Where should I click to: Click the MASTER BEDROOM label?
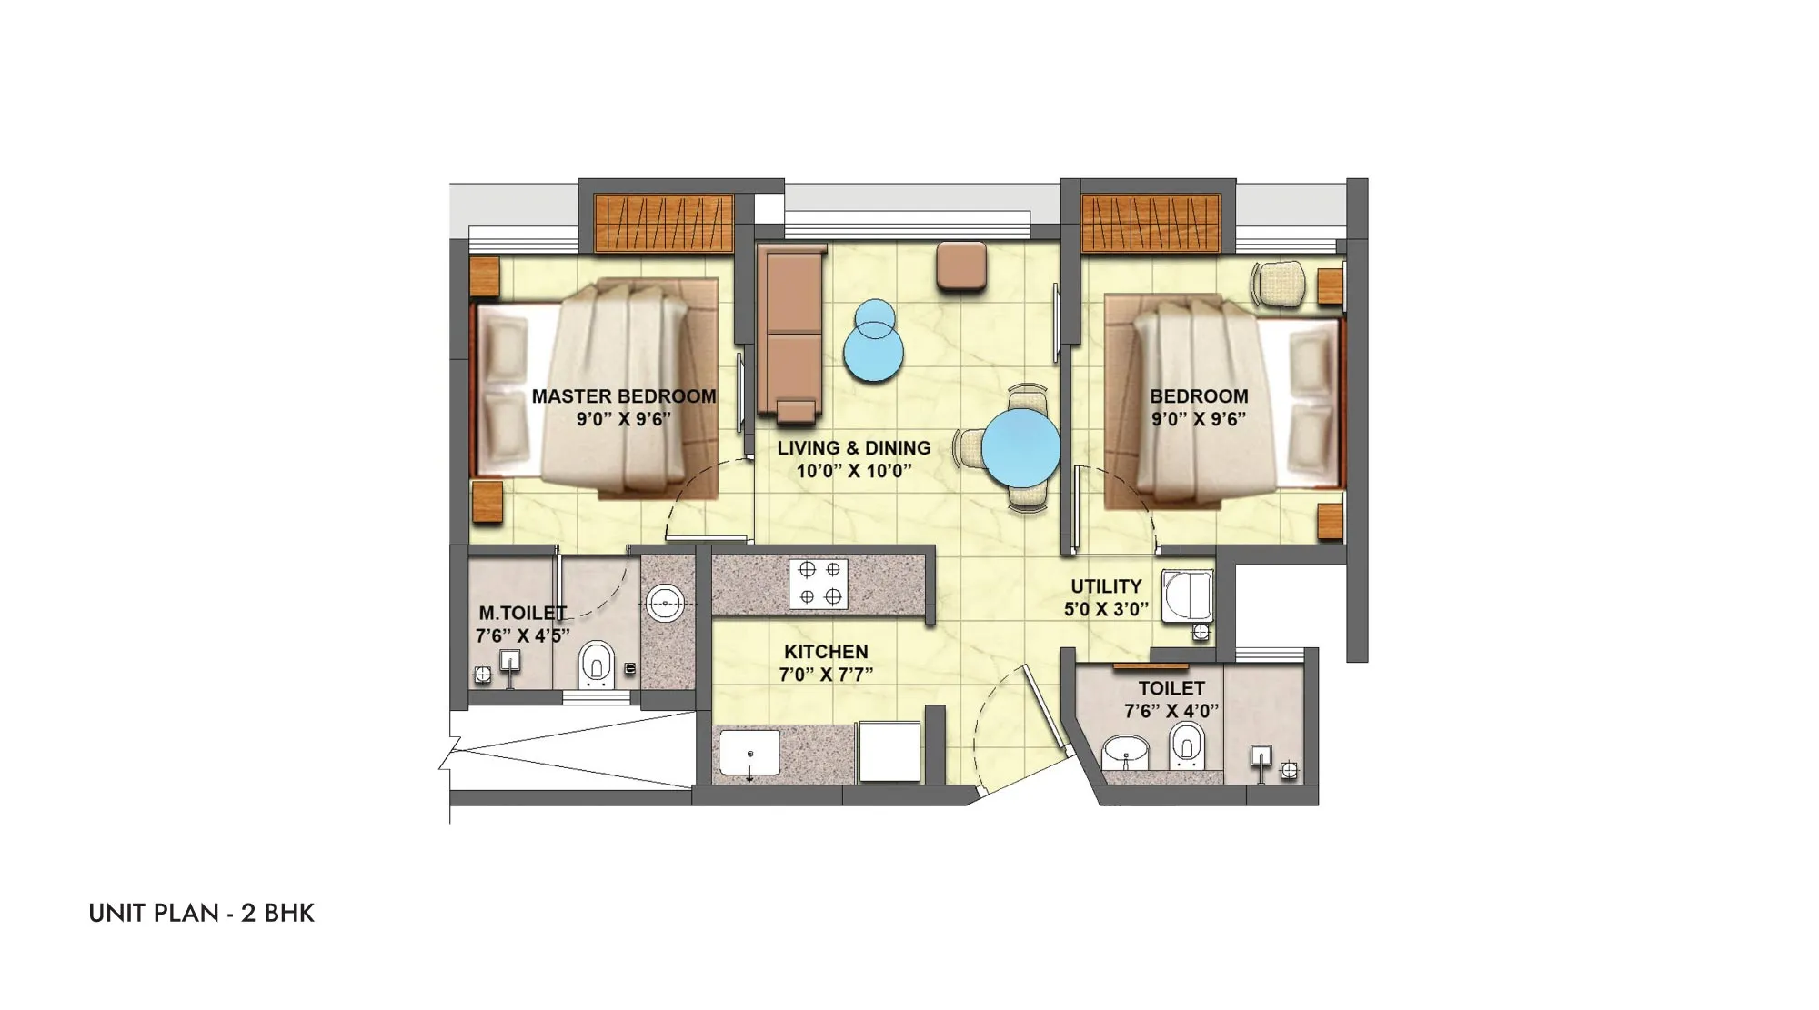623,396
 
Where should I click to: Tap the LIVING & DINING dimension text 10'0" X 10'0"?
854,471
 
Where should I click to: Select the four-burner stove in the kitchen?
819,584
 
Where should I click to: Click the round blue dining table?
1021,448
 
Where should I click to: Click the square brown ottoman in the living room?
961,265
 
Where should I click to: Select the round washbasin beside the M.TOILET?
666,603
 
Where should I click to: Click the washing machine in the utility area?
1187,596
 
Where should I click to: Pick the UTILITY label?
1106,586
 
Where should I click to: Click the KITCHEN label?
826,652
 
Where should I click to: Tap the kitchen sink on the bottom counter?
749,753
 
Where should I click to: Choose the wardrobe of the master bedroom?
663,223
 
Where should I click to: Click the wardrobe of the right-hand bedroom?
1151,223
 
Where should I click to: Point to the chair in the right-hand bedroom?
1280,283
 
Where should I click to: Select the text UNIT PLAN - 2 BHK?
201,913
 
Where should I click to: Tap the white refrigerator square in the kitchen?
889,751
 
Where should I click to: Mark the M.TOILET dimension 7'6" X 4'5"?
522,635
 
